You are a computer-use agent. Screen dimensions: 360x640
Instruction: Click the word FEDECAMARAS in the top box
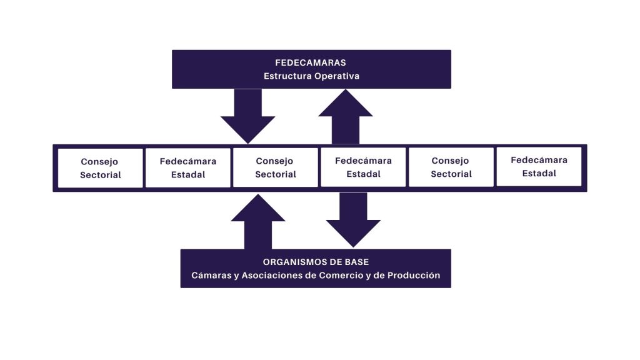click(x=311, y=63)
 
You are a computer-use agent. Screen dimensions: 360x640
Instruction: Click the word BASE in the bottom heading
click(x=356, y=262)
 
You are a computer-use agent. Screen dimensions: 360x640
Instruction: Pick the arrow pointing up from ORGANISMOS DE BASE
click(x=258, y=221)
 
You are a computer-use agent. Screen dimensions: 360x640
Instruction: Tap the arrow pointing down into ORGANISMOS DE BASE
click(x=353, y=219)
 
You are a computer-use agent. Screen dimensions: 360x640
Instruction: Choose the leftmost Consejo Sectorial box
click(x=101, y=168)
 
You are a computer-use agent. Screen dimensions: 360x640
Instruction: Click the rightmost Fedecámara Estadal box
click(x=539, y=167)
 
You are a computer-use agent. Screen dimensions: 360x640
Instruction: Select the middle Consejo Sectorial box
click(x=276, y=168)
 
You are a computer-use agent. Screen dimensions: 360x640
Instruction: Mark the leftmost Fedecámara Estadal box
click(x=188, y=168)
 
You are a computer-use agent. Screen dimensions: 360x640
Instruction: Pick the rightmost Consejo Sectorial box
click(x=451, y=168)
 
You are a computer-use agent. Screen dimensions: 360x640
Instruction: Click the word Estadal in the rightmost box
click(x=539, y=173)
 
